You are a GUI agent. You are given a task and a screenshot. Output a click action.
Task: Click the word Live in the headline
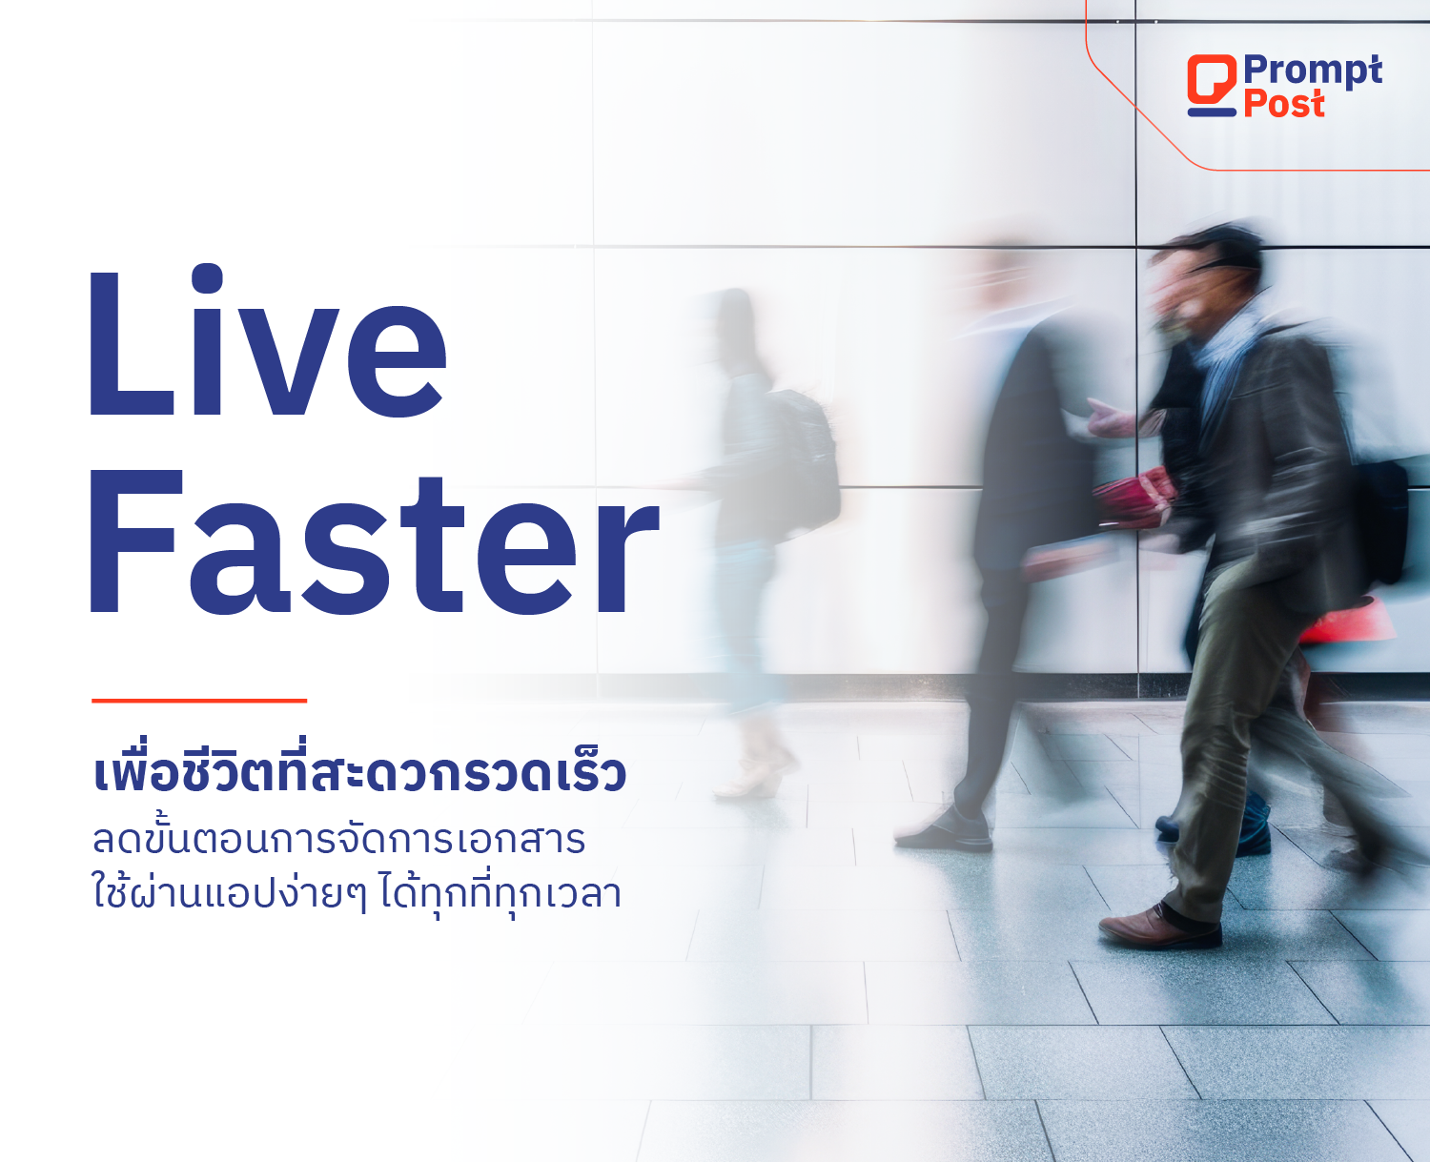point(267,339)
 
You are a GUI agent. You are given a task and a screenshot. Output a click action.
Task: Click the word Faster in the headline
point(375,541)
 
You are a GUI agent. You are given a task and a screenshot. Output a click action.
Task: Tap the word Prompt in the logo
point(1313,71)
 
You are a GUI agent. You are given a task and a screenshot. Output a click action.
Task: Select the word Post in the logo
point(1284,104)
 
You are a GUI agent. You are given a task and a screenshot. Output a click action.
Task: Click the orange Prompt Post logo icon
point(1212,85)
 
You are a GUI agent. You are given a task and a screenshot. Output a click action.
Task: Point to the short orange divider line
point(199,700)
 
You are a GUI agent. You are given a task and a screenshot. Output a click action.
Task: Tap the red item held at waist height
point(1134,496)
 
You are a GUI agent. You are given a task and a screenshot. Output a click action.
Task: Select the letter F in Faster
point(136,541)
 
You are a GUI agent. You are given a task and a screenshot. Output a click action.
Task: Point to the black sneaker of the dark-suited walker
point(947,832)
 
